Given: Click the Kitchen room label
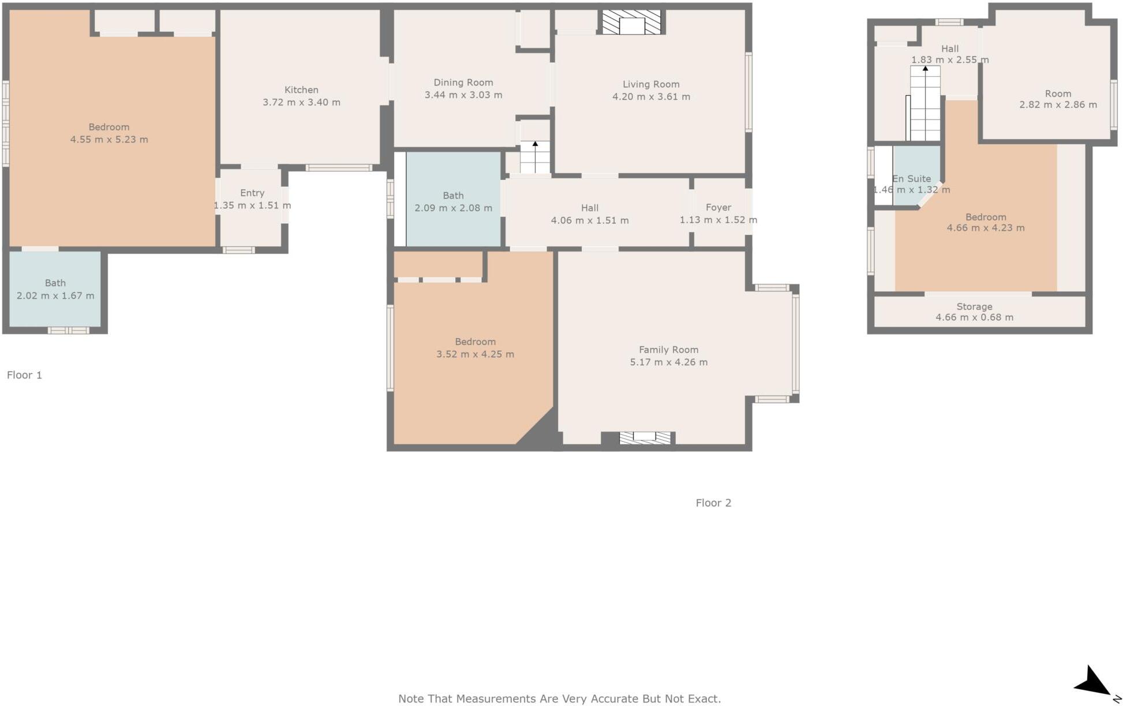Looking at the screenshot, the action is point(301,90).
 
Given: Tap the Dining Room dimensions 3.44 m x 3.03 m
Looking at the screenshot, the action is point(463,95).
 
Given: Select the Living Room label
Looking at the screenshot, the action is point(651,84).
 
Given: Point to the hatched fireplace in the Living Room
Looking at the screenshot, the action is point(631,22).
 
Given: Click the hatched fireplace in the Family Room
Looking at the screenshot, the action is point(645,438).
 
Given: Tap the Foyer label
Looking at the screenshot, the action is point(718,208).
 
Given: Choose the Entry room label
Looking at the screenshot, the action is point(252,193).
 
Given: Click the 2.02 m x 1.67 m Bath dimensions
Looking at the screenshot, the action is point(55,296).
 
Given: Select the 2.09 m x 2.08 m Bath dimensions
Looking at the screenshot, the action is point(454,208).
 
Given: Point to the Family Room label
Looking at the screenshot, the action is point(669,350).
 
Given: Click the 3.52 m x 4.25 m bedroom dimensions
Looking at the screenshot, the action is point(475,354).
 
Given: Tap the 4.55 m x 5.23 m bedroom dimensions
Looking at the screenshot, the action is point(109,140).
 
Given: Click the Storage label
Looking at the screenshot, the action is point(975,307).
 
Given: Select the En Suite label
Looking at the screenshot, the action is point(912,179).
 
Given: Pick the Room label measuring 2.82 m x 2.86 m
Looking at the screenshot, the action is point(1058,93).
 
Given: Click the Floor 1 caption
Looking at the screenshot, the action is point(24,375).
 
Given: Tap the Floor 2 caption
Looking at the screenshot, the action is point(713,503).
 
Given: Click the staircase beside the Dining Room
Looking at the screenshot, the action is point(535,157).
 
